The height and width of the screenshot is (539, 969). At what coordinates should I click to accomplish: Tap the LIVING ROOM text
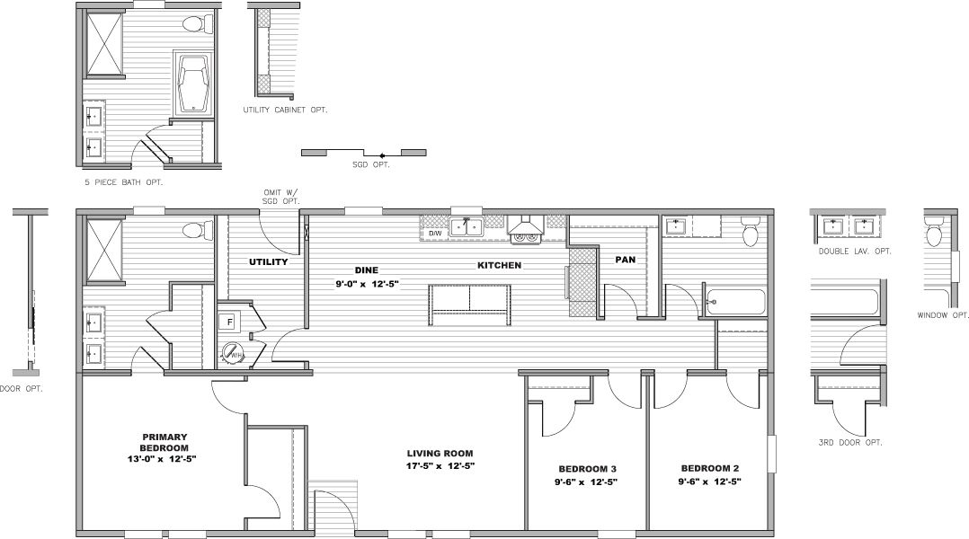tap(440, 454)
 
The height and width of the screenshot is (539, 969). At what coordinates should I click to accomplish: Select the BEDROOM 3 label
tap(587, 469)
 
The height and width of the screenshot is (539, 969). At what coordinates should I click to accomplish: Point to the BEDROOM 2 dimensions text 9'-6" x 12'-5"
tap(709, 482)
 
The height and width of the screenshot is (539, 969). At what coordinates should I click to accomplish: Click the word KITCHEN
tap(499, 266)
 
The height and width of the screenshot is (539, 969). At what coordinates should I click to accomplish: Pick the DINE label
tap(365, 269)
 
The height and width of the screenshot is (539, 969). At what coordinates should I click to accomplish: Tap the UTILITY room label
tap(268, 262)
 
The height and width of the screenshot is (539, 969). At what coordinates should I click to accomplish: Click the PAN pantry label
tap(626, 260)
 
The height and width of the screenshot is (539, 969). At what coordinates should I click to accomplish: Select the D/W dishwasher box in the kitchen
tap(435, 233)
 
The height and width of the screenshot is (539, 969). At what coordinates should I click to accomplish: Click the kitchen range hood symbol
tap(524, 230)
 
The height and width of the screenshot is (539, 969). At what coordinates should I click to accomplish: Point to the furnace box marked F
tap(230, 322)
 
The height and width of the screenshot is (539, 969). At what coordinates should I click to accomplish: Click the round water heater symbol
tap(232, 352)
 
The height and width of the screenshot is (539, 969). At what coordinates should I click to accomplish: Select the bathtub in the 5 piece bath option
tap(194, 84)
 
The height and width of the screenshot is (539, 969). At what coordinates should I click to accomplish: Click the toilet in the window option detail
tap(934, 235)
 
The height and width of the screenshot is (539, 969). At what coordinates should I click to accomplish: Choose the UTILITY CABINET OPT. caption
tap(284, 110)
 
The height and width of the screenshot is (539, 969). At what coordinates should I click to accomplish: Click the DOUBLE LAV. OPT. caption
tap(854, 252)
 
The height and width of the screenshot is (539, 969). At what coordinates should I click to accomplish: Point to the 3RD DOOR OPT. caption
tap(849, 442)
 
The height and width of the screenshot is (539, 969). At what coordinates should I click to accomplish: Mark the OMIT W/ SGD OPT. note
tap(280, 196)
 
